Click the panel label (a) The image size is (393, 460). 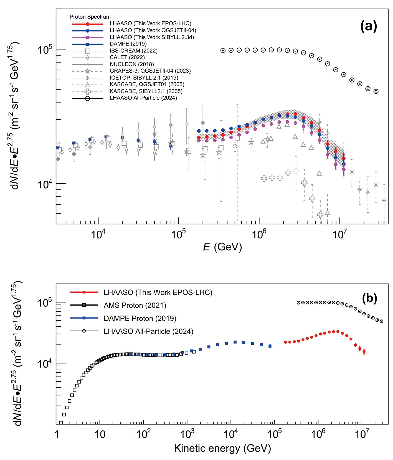[369, 27]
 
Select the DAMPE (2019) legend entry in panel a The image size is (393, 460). [128, 44]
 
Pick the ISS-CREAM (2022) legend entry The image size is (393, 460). [133, 51]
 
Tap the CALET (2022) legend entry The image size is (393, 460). [127, 57]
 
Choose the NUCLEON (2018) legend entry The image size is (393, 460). [131, 64]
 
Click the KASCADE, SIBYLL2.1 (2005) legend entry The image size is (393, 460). [146, 91]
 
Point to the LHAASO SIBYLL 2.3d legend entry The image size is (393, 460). [152, 37]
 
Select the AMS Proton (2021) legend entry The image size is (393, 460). [135, 305]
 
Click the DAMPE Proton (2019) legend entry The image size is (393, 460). [140, 318]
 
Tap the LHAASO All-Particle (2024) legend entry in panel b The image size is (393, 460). [148, 331]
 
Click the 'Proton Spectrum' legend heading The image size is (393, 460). [90, 17]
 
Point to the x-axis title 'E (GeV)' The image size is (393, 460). [222, 246]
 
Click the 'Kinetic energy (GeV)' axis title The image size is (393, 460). [222, 448]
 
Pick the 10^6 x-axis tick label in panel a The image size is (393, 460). [258, 234]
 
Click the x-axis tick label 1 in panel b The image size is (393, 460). [57, 434]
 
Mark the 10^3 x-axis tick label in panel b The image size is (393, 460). [187, 434]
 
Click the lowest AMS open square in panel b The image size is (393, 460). [61, 423]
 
